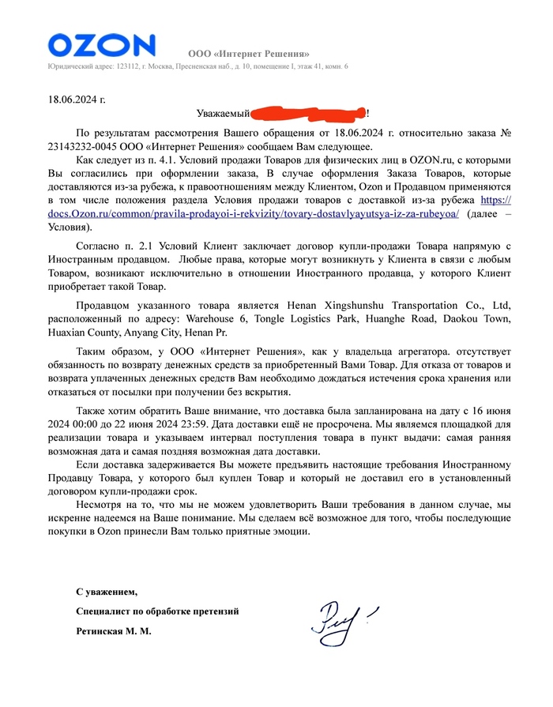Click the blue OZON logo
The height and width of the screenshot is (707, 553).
(101, 44)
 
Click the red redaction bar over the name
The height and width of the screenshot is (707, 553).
(303, 115)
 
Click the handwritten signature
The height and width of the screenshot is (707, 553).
(342, 619)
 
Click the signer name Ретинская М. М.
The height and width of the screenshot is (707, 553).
(113, 631)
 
